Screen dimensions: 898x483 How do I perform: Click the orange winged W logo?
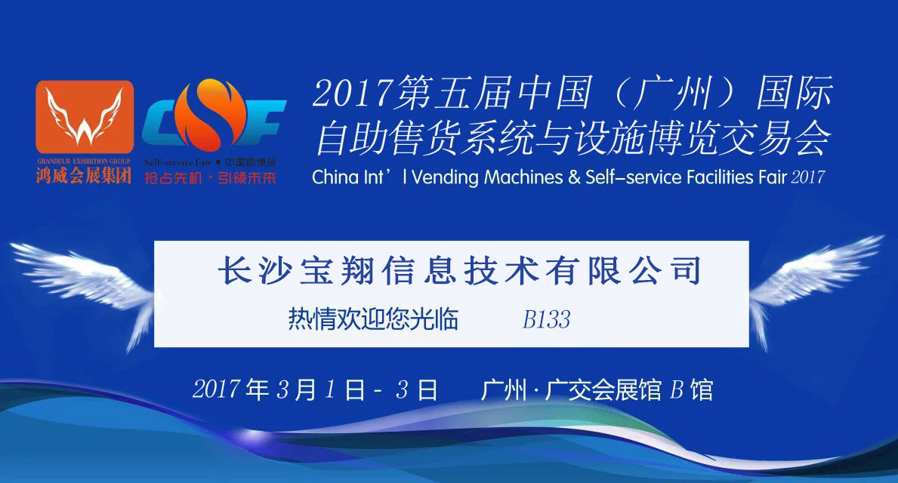85,117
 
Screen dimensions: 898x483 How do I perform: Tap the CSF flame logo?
214,115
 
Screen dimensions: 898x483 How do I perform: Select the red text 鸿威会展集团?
84,175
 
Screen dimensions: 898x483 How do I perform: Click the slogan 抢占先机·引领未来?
210,178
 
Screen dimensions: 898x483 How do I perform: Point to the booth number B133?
546,320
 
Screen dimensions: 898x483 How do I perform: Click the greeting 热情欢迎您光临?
373,319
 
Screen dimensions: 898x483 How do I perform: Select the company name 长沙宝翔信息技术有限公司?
459,270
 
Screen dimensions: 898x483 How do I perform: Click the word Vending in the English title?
445,177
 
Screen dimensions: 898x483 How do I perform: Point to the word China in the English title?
335,177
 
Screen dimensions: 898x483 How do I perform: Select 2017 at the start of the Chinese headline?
353,93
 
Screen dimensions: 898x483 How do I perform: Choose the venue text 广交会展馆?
603,390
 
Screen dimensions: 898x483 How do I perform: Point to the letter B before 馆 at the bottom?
677,390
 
